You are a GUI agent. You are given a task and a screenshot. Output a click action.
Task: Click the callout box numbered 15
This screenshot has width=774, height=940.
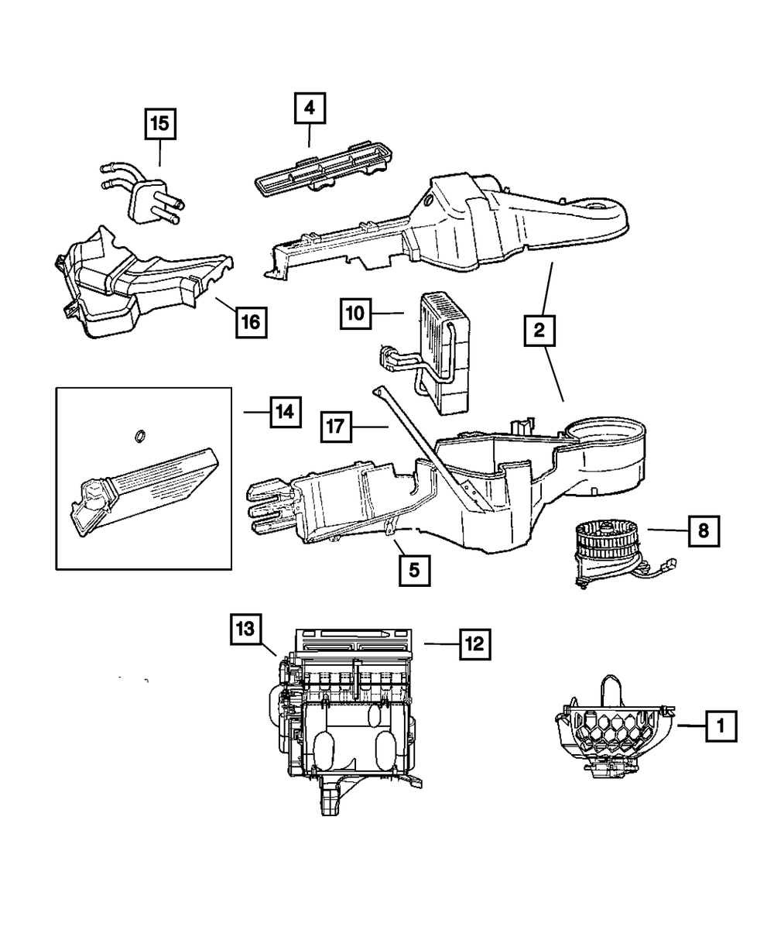coord(160,123)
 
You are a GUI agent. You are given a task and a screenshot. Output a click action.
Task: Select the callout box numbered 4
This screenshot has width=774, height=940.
coord(309,109)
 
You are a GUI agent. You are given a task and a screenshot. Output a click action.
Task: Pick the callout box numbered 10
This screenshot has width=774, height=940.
coord(355,314)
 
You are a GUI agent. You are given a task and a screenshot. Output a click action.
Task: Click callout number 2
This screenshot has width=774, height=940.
coord(539,332)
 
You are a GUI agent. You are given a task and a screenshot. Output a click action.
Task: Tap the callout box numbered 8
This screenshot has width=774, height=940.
coord(703,530)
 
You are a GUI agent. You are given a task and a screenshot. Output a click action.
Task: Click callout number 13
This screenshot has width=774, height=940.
coord(245,630)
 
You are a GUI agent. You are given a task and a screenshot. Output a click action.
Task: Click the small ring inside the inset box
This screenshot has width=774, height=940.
coord(140,437)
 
